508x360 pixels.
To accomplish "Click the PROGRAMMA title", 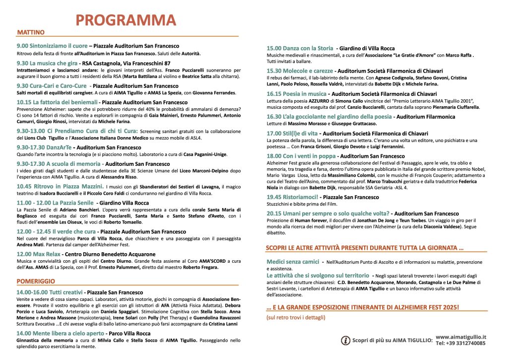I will point(126,19).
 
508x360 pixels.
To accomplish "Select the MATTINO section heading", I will point(31,33).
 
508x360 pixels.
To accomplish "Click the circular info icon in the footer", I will point(346,340).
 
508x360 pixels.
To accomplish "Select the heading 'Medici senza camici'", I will point(292,261).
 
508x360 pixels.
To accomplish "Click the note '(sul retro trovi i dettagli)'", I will point(296,317).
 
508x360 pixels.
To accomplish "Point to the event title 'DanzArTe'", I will point(54,147).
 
